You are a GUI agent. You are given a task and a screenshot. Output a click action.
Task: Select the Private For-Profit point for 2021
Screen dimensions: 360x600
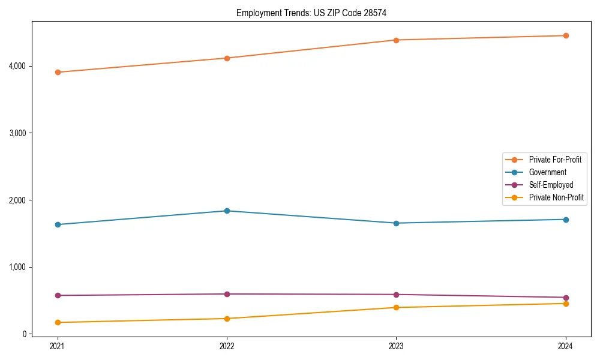click(x=58, y=72)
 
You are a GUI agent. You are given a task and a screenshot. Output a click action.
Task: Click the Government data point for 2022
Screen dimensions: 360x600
click(x=227, y=211)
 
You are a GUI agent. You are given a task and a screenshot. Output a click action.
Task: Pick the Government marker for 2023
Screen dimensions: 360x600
click(x=396, y=223)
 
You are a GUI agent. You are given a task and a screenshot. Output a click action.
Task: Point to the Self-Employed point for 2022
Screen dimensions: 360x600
click(x=227, y=294)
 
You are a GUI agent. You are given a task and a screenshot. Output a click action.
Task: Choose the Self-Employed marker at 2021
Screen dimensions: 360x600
click(x=58, y=295)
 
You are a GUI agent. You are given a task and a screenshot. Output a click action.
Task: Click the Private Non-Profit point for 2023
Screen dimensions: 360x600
click(x=396, y=307)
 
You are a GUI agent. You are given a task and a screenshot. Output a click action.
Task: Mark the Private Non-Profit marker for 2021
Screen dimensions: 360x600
click(x=58, y=322)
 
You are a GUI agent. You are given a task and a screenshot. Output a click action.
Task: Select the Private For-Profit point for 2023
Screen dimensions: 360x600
click(x=396, y=40)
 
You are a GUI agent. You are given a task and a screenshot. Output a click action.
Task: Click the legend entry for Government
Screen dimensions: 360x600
click(x=547, y=172)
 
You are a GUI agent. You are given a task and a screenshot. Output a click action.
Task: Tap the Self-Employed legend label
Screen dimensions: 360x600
click(x=551, y=185)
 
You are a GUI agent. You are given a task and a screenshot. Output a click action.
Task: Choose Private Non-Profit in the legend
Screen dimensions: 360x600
click(x=556, y=197)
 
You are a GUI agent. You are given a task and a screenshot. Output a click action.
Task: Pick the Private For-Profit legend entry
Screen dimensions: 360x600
click(x=555, y=160)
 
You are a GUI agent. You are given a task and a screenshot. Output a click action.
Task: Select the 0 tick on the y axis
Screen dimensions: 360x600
click(x=24, y=334)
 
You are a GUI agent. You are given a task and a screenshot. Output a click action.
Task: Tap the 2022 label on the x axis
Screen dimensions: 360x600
click(x=227, y=346)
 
